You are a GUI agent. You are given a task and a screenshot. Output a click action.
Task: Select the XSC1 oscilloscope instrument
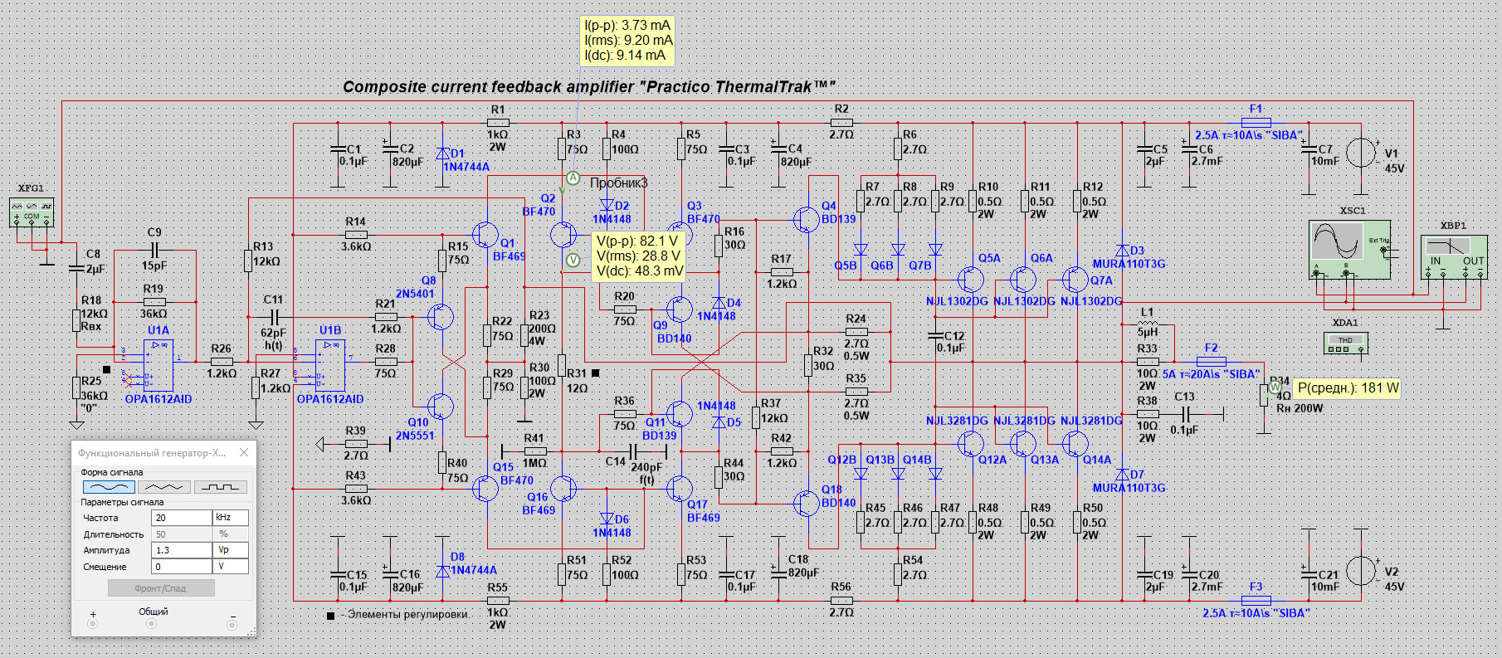pyautogui.click(x=1349, y=249)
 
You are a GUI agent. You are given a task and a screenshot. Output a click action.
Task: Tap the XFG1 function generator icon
pyautogui.click(x=32, y=212)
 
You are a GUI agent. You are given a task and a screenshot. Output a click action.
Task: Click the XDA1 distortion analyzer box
pyautogui.click(x=1345, y=342)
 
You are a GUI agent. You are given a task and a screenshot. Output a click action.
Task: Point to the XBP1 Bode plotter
pyautogui.click(x=1453, y=256)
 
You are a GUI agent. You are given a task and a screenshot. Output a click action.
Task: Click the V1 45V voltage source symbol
pyautogui.click(x=1361, y=153)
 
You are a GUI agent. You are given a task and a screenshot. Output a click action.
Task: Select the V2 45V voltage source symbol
pyautogui.click(x=1361, y=571)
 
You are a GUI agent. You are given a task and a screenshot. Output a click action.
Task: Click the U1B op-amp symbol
pyautogui.click(x=330, y=365)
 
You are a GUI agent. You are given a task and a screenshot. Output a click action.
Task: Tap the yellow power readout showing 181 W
pyautogui.click(x=1348, y=388)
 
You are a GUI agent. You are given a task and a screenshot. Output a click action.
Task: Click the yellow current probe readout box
pyautogui.click(x=627, y=41)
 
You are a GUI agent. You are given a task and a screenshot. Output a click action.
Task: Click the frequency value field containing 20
pyautogui.click(x=181, y=518)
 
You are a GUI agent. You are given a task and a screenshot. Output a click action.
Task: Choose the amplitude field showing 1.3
pyautogui.click(x=181, y=550)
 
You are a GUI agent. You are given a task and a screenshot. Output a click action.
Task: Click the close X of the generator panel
pyautogui.click(x=244, y=452)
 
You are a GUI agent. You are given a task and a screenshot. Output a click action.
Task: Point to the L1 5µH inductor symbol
pyautogui.click(x=1147, y=324)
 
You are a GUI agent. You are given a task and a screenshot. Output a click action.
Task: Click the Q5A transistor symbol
pyautogui.click(x=970, y=280)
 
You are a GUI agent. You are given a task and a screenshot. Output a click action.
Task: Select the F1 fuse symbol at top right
pyautogui.click(x=1256, y=122)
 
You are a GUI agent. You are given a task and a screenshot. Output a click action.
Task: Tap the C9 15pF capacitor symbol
pyautogui.click(x=154, y=250)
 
